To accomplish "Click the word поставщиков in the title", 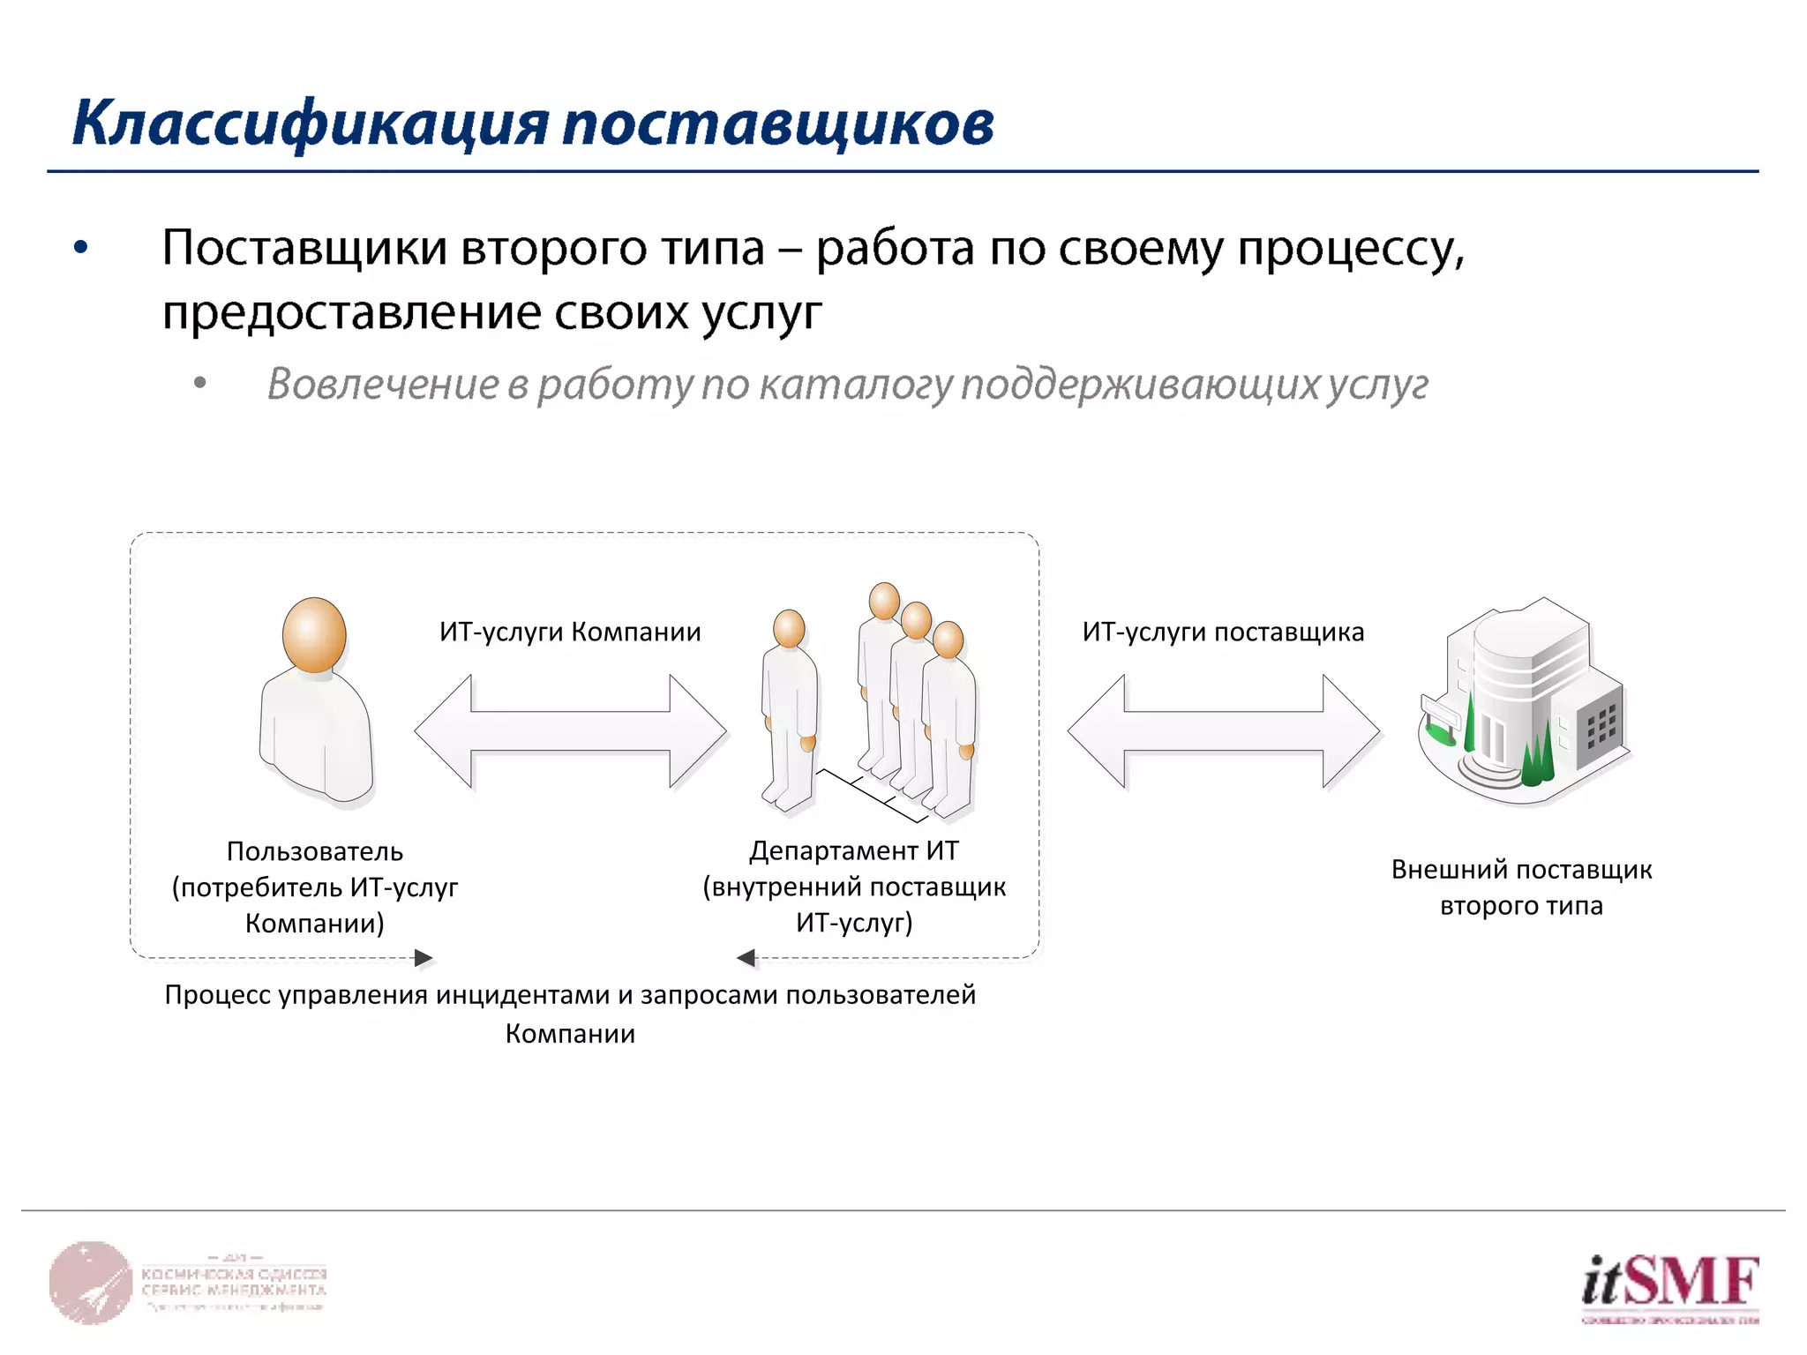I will click(x=777, y=124).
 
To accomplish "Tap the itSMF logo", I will click(x=1669, y=1284).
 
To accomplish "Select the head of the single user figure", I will click(x=314, y=634).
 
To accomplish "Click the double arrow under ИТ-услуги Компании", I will click(x=570, y=730).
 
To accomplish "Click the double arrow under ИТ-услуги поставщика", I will click(x=1223, y=730).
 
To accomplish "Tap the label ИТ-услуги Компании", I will click(x=570, y=632).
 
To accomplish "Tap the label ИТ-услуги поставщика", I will click(x=1223, y=632).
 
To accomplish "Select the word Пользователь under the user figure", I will click(x=315, y=851).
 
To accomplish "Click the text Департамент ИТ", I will click(x=853, y=850).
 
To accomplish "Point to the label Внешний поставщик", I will click(x=1521, y=869).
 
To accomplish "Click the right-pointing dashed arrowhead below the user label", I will click(x=424, y=958).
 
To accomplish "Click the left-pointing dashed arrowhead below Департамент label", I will click(x=746, y=958).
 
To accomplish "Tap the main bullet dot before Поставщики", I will click(x=81, y=248).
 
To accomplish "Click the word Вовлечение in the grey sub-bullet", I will click(x=383, y=384).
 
